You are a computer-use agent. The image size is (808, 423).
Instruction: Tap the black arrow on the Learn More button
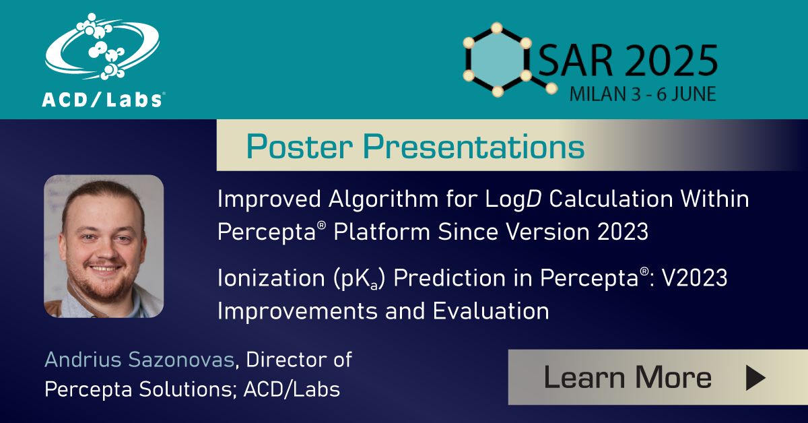(x=754, y=378)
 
